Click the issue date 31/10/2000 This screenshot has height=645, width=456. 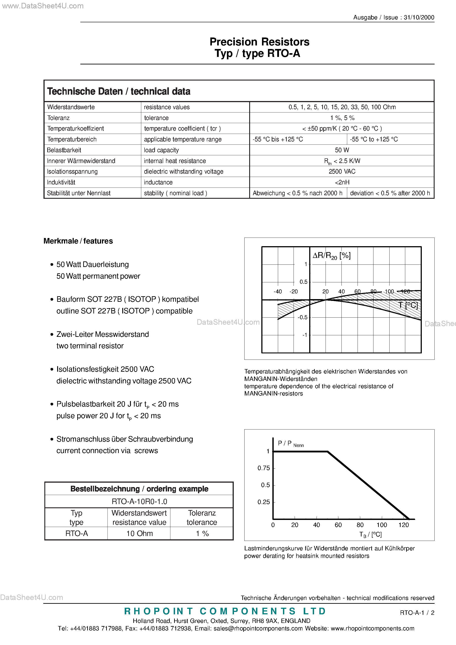[419, 17]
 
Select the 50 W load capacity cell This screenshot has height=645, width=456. [342, 150]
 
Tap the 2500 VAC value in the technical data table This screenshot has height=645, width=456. [342, 171]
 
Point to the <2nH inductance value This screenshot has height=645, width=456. [342, 182]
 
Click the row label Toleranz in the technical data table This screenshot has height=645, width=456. [58, 118]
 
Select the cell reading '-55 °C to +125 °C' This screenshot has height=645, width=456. [374, 139]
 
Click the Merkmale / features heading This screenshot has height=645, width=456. [78, 241]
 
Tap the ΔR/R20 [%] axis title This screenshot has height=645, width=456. [332, 256]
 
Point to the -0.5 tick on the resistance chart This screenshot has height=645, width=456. [303, 317]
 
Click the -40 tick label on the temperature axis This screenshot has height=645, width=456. [277, 292]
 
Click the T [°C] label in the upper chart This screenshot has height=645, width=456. [408, 305]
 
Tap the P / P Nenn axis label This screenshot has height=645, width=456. [290, 444]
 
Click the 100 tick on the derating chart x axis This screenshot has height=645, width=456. [381, 525]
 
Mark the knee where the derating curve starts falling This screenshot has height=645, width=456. [328, 452]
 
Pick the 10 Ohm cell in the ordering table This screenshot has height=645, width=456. [139, 533]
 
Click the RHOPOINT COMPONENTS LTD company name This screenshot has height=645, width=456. [225, 611]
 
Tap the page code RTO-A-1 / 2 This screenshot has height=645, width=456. [417, 613]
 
